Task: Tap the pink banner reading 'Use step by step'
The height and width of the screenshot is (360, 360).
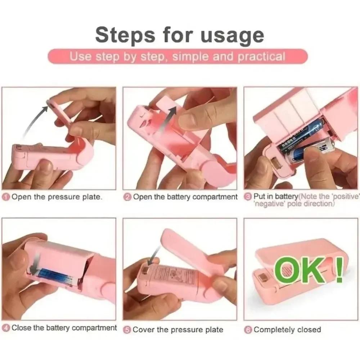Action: (x=177, y=57)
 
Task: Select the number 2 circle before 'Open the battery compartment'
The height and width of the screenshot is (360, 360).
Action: (x=127, y=197)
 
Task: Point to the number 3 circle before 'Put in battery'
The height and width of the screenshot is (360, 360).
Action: (x=248, y=197)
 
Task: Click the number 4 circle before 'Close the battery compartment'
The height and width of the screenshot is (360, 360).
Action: (x=6, y=328)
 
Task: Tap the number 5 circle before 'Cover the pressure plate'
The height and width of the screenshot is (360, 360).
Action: (x=127, y=329)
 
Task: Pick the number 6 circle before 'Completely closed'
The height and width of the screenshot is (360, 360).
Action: (x=248, y=329)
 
